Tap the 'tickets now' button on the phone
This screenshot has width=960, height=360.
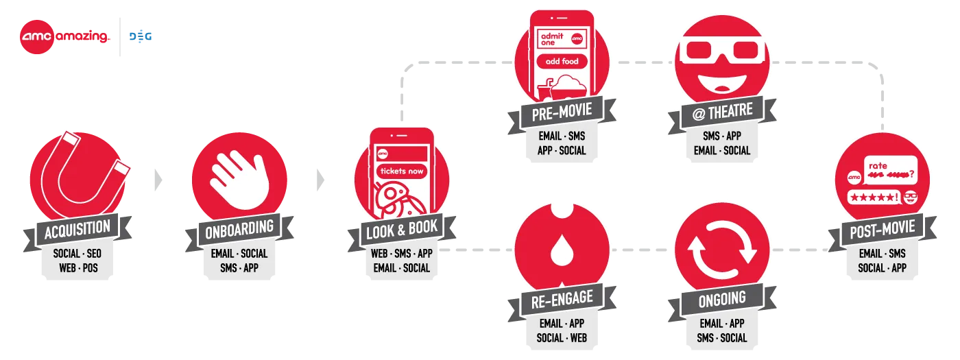point(401,171)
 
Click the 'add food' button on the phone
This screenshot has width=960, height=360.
point(562,62)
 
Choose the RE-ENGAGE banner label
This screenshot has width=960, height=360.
point(561,300)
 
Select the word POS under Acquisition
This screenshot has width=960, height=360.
point(91,268)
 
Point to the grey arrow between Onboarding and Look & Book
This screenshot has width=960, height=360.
point(320,180)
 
